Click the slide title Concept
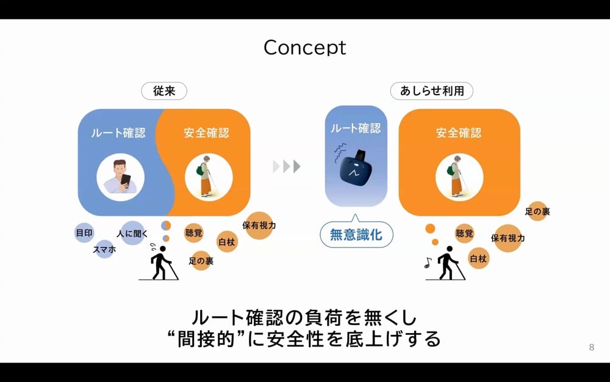point(305,47)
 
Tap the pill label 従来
point(163,91)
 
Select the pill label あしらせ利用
point(432,91)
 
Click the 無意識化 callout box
point(356,234)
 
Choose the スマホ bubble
point(104,249)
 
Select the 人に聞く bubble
point(132,233)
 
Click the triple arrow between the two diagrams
point(286,166)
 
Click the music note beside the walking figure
point(428,263)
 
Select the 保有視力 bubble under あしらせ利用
point(508,238)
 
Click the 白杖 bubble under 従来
point(228,241)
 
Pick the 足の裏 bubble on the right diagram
point(537,211)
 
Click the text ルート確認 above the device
point(356,128)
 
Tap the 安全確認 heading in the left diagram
point(207,132)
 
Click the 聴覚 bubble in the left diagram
point(194,233)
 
